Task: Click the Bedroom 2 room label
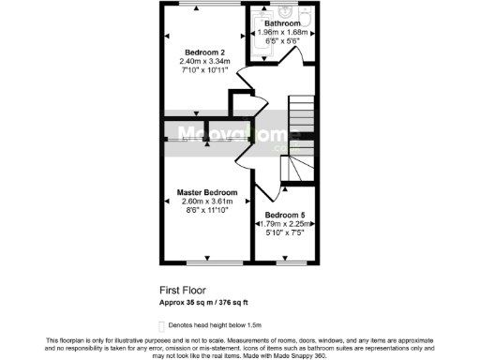click(x=204, y=52)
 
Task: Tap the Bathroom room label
click(x=281, y=22)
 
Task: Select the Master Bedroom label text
click(x=207, y=192)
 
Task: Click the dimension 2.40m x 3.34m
click(x=204, y=61)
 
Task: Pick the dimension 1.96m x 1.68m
click(x=281, y=33)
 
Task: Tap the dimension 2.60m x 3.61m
click(x=207, y=202)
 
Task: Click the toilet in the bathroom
click(x=305, y=18)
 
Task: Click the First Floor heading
click(x=183, y=290)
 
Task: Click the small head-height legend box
click(x=161, y=323)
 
